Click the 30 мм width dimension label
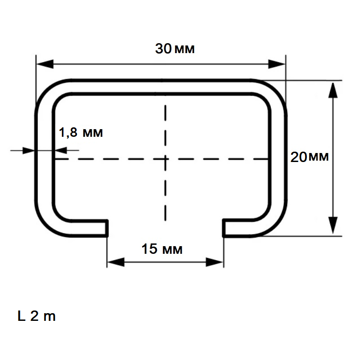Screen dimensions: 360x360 [x=175, y=49]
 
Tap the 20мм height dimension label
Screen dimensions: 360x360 [x=310, y=157]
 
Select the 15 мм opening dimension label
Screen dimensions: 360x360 [x=162, y=249]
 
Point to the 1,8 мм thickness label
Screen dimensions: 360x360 [x=81, y=132]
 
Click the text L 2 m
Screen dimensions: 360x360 [x=36, y=316]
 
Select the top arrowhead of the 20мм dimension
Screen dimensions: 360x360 [x=333, y=90]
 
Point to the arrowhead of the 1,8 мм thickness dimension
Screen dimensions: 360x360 [x=29, y=151]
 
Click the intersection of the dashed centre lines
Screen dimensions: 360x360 [x=166, y=159]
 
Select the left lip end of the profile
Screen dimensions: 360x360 [x=107, y=228]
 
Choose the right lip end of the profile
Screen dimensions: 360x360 [x=224, y=228]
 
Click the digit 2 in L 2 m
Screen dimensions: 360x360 [x=35, y=316]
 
